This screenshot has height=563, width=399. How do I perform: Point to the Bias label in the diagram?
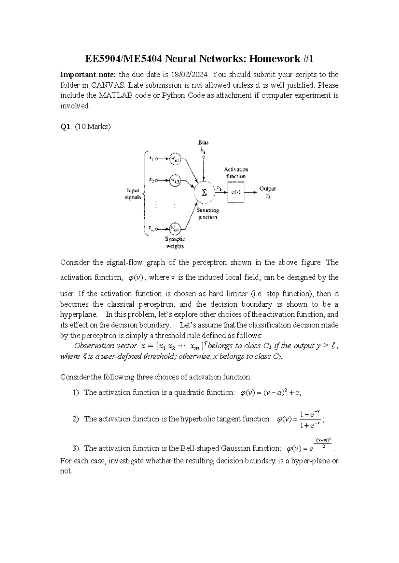(x=203, y=142)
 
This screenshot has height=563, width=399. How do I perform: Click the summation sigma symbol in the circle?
(x=204, y=193)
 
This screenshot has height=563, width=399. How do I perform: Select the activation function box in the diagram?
(x=236, y=192)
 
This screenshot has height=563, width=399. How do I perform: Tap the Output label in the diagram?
(x=267, y=189)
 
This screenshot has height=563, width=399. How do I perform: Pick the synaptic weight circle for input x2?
(x=175, y=180)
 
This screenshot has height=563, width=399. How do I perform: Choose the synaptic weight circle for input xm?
(x=175, y=228)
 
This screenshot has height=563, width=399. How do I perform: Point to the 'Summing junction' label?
(x=207, y=213)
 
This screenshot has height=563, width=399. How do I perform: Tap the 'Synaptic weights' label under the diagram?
(x=175, y=242)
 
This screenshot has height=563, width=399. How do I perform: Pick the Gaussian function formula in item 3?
(x=309, y=447)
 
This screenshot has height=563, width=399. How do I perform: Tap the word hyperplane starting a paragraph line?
(x=79, y=314)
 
